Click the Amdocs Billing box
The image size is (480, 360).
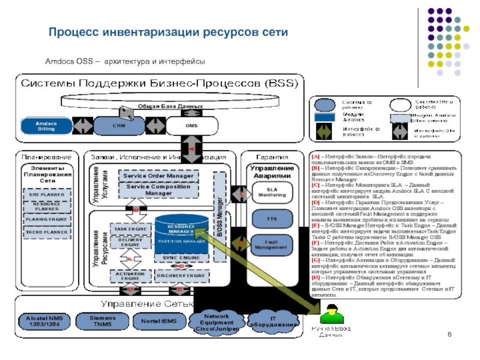pos(46,125)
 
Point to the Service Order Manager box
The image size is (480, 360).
pos(159,176)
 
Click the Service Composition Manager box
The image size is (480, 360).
pos(159,190)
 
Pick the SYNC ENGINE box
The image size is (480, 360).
pos(181,257)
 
